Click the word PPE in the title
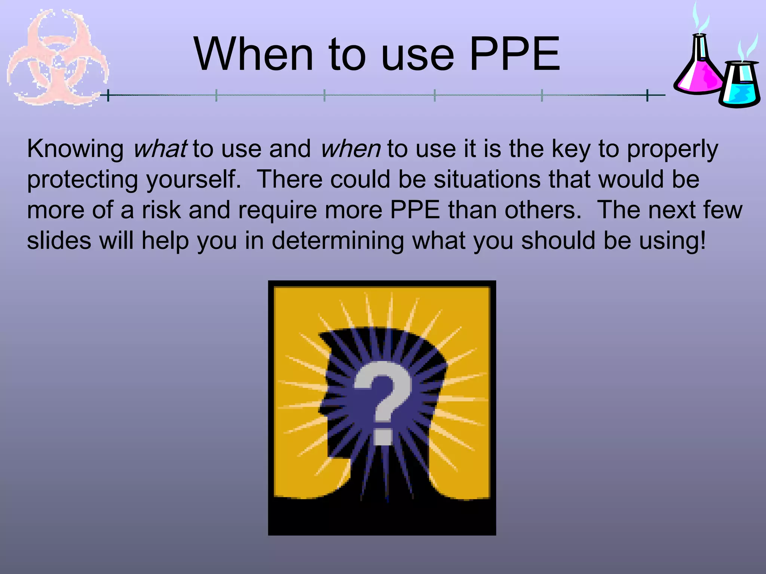pos(515,55)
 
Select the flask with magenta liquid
pos(699,69)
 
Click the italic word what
pos(160,149)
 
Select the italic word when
pos(350,149)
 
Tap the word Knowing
pos(75,149)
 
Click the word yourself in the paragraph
pos(193,180)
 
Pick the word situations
pos(487,179)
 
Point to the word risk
pos(161,210)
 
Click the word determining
pos(338,241)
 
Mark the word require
pos(278,210)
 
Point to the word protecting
pos(83,180)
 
